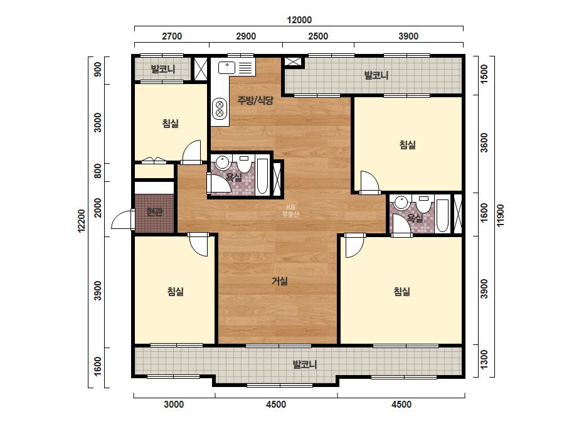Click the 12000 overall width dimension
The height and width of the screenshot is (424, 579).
click(x=299, y=20)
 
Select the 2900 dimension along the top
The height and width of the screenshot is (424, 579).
click(x=246, y=36)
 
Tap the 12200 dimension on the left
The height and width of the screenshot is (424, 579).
click(x=82, y=221)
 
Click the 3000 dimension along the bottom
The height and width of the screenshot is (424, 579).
click(x=174, y=405)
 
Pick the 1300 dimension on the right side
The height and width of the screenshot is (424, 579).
click(x=484, y=359)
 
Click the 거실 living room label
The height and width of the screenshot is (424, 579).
click(x=280, y=282)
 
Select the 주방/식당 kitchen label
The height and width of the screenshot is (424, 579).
click(x=255, y=100)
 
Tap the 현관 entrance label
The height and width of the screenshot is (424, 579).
click(x=155, y=212)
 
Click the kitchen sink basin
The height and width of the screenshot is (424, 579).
click(x=226, y=68)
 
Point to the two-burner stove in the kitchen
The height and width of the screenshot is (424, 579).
click(x=220, y=109)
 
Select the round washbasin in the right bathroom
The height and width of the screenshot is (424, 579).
click(x=401, y=203)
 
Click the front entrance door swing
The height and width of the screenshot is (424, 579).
click(x=123, y=220)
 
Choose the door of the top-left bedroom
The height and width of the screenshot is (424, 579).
click(x=192, y=152)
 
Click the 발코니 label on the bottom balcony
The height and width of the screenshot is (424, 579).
click(x=305, y=365)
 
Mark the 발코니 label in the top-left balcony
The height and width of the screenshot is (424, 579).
click(x=163, y=69)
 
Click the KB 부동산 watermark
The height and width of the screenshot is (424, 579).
click(x=290, y=211)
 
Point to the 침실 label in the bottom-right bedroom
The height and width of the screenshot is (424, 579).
click(x=401, y=292)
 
